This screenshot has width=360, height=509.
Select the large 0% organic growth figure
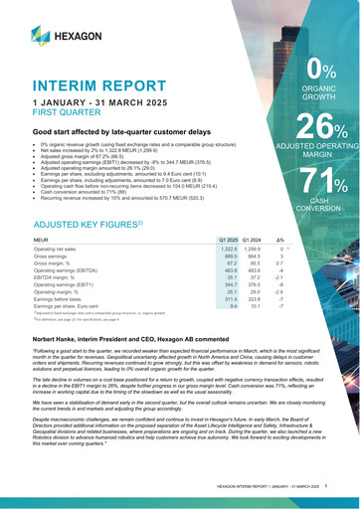point(320,71)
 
